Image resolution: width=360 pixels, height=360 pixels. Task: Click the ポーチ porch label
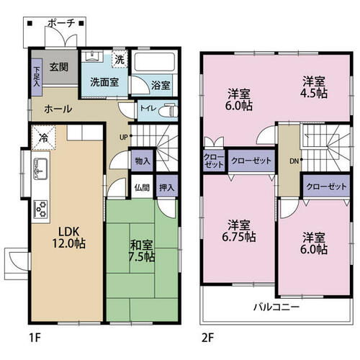[62, 24]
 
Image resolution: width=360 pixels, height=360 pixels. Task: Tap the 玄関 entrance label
[59, 67]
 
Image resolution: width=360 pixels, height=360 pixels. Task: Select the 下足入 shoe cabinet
[37, 77]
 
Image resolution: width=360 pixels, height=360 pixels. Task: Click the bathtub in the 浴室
[155, 62]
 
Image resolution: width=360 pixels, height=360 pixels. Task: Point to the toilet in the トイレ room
[170, 111]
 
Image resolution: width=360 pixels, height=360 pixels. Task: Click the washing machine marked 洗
[120, 59]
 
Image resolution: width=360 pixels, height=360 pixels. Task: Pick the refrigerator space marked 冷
[43, 138]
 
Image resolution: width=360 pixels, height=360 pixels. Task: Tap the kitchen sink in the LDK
[40, 168]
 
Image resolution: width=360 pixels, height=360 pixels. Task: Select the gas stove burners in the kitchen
[41, 209]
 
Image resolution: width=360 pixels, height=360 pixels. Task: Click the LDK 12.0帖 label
[69, 238]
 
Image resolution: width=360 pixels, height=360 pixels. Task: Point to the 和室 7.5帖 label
[141, 251]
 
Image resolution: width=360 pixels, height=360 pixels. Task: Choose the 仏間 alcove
[142, 186]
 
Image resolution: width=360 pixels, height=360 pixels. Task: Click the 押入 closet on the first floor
[167, 186]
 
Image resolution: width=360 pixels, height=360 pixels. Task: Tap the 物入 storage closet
[143, 161]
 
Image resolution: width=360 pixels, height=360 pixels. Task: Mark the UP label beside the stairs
[123, 138]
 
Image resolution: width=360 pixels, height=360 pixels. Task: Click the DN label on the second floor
[294, 161]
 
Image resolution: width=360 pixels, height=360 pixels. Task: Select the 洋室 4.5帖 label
[314, 87]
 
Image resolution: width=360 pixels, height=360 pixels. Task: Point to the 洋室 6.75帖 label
[239, 230]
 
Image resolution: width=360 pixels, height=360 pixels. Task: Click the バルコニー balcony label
[276, 307]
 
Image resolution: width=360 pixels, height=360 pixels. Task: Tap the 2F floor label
[207, 338]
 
